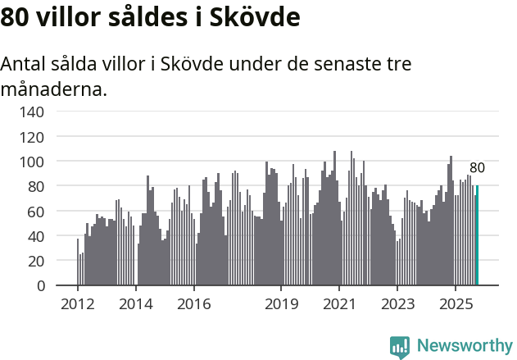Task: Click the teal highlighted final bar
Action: click(477, 235)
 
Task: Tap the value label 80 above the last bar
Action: click(477, 168)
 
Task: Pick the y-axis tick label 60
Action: click(35, 212)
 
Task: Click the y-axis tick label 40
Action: click(35, 236)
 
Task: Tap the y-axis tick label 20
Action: click(35, 261)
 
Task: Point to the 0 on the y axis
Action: click(39, 286)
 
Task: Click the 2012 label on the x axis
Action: click(78, 304)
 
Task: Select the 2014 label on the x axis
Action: click(136, 304)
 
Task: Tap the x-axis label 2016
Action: click(193, 304)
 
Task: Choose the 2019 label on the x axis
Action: click(281, 304)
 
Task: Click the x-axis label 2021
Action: click(338, 304)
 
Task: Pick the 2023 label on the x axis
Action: click(397, 304)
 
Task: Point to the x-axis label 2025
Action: click(455, 304)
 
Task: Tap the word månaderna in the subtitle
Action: click(54, 89)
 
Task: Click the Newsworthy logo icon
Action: click(400, 346)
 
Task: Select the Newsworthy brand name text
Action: click(464, 346)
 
